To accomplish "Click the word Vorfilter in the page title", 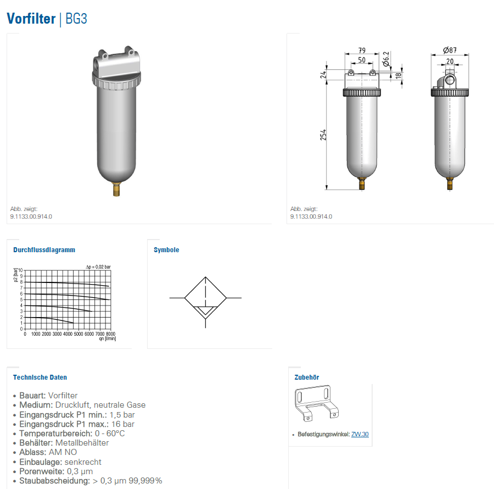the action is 31,18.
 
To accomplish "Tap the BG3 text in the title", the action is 76,19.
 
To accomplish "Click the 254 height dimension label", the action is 323,135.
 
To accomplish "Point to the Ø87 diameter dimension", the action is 450,50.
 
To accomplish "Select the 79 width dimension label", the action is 362,51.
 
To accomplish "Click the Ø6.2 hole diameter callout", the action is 386,59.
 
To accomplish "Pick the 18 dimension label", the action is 398,75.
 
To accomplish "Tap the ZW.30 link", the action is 360,434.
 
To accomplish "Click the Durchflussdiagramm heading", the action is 44,250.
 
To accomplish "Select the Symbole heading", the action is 166,250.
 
